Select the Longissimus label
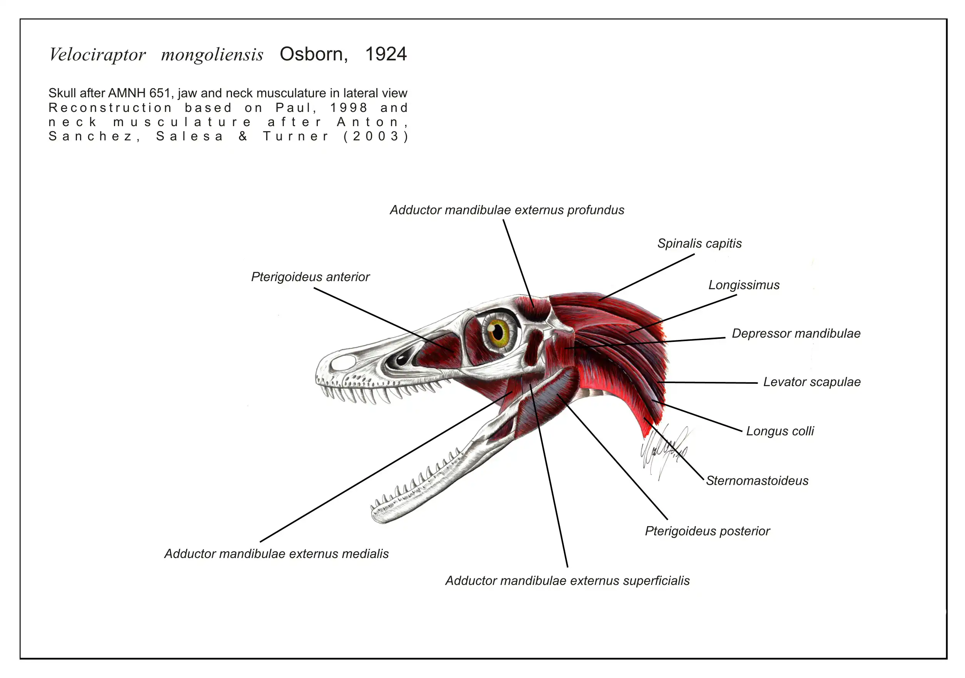tap(744, 285)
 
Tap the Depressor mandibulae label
tap(796, 333)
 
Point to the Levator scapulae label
tap(811, 382)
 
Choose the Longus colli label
tap(780, 431)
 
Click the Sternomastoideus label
tap(757, 481)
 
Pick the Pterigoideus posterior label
tap(707, 531)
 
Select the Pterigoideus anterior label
tap(310, 277)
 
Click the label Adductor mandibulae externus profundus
tap(507, 210)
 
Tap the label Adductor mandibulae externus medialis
tap(276, 554)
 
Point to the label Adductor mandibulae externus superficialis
tap(568, 581)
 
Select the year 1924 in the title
tap(386, 54)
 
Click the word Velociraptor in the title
tap(97, 55)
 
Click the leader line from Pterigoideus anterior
tap(383, 320)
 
